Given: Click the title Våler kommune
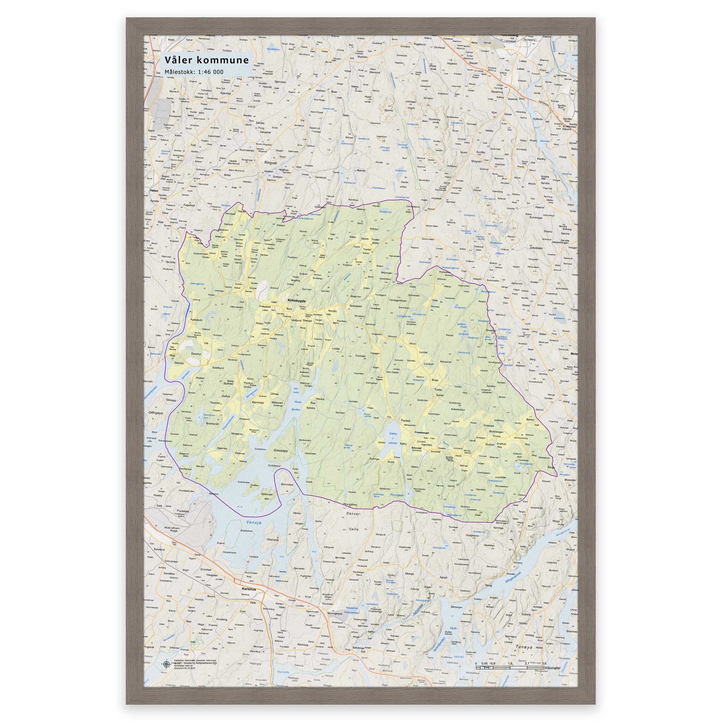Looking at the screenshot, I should pyautogui.click(x=207, y=61).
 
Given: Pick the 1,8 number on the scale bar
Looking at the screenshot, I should pyautogui.click(x=510, y=663).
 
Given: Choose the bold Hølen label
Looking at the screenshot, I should pyautogui.click(x=154, y=191).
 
